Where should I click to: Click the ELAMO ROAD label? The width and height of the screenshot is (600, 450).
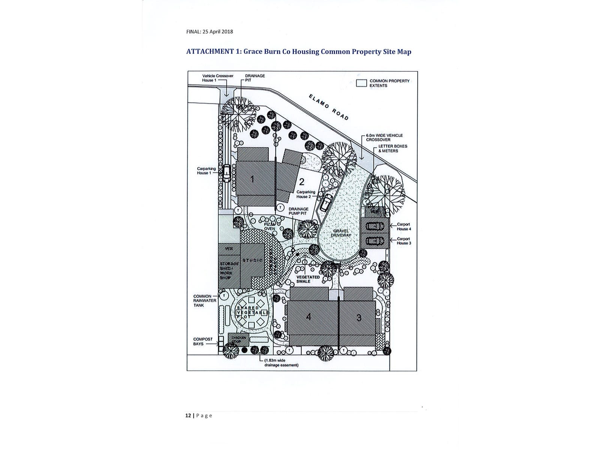coord(329,107)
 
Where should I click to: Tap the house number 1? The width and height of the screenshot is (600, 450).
coord(253,179)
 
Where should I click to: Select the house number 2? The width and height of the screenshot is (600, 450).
coord(301,182)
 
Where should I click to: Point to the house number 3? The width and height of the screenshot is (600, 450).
coord(359,318)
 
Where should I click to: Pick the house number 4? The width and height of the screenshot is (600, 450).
coord(308,317)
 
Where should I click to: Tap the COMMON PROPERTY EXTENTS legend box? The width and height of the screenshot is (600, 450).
coord(361,83)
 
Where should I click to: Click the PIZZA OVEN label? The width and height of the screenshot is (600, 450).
coord(270,226)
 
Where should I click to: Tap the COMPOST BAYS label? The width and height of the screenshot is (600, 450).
coord(203,341)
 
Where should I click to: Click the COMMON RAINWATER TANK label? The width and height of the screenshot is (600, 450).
coord(202,301)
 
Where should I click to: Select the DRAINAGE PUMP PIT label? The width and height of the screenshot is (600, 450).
coord(298,211)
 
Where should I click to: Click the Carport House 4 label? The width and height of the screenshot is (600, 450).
coord(404,226)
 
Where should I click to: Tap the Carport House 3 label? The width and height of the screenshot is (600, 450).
coord(404,241)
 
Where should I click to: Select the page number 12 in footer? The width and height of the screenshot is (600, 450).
coord(188,415)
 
